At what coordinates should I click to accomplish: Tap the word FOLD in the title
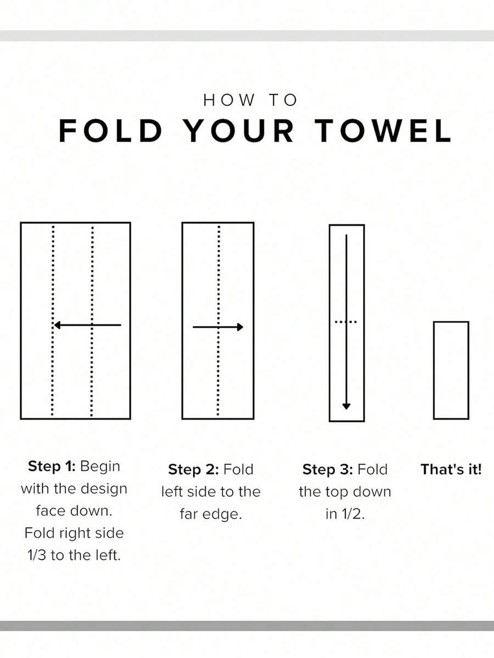(x=110, y=131)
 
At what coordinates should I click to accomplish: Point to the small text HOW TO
(x=250, y=100)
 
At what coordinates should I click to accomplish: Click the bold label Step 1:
(x=51, y=466)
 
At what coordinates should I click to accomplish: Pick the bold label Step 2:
(x=193, y=469)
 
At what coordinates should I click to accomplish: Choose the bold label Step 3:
(x=327, y=469)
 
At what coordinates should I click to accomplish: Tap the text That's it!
(x=451, y=469)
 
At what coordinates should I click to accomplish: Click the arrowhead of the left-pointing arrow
(x=58, y=325)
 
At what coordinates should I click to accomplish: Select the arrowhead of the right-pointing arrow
(x=240, y=327)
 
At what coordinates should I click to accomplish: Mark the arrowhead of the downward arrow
(x=346, y=406)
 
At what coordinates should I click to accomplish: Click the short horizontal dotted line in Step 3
(x=346, y=322)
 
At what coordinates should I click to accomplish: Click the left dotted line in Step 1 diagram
(x=53, y=321)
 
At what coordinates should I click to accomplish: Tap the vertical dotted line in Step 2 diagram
(x=218, y=321)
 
